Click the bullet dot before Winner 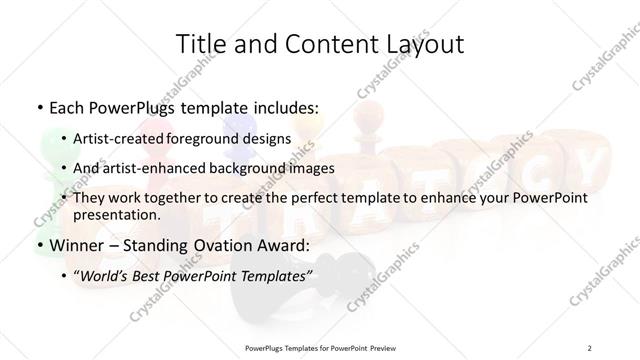pyautogui.click(x=38, y=245)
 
